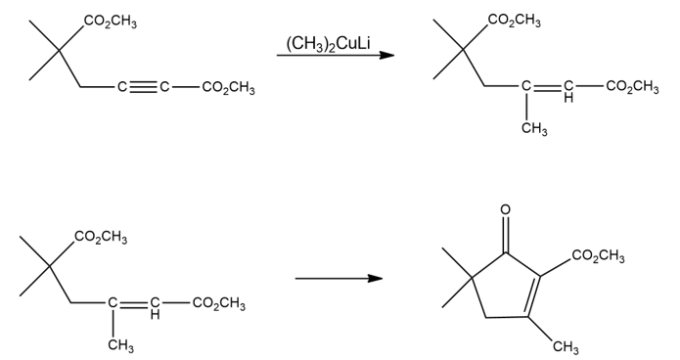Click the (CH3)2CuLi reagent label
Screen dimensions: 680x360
(x=328, y=44)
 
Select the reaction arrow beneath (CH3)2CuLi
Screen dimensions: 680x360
(x=336, y=55)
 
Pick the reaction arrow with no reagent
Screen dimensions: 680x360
(x=339, y=278)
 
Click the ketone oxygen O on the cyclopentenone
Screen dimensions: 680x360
(x=505, y=210)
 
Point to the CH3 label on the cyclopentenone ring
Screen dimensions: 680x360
(x=566, y=347)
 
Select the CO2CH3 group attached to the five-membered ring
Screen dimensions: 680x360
(x=598, y=256)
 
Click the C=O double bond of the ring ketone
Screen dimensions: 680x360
(x=505, y=235)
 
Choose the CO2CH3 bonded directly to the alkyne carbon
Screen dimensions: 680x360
(x=228, y=88)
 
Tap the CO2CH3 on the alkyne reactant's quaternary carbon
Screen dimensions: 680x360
(x=111, y=22)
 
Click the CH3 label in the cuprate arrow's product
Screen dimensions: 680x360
(x=534, y=129)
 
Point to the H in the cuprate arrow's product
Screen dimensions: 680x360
(x=568, y=99)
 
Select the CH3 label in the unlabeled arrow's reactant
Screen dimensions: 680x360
(x=121, y=345)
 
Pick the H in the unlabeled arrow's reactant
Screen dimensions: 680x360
(x=155, y=315)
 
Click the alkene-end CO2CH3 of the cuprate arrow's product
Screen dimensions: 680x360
(x=632, y=87)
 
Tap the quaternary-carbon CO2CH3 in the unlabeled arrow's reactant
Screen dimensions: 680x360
(x=101, y=238)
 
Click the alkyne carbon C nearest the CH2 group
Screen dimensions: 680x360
(x=122, y=87)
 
